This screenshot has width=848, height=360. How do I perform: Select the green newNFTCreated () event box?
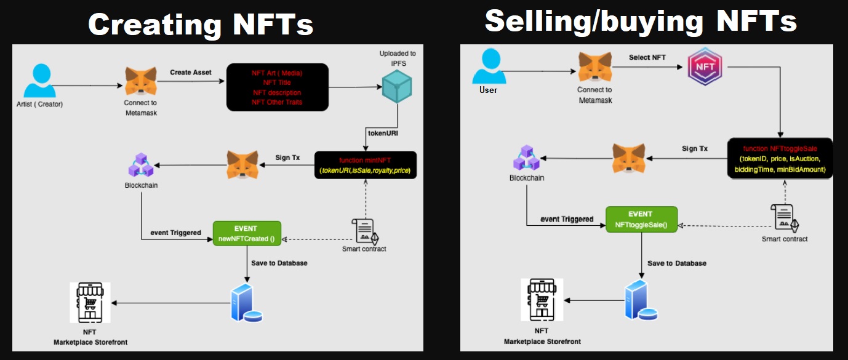tap(247, 233)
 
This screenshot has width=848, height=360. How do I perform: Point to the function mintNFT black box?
tap(366, 165)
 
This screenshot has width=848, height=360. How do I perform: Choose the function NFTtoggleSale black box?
tap(780, 158)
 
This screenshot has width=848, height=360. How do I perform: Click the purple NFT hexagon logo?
tap(705, 68)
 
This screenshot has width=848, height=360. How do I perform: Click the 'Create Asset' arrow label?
tap(191, 73)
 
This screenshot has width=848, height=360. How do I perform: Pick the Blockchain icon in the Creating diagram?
tap(141, 164)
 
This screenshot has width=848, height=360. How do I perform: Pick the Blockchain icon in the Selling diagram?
tap(526, 159)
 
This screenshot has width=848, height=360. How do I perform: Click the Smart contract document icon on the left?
tap(364, 230)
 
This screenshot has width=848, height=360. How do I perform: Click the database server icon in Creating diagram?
tap(245, 303)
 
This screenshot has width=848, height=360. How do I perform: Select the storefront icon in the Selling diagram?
tap(542, 300)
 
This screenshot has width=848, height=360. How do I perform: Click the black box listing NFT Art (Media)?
tap(277, 87)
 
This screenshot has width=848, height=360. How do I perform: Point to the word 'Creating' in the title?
tap(155, 25)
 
